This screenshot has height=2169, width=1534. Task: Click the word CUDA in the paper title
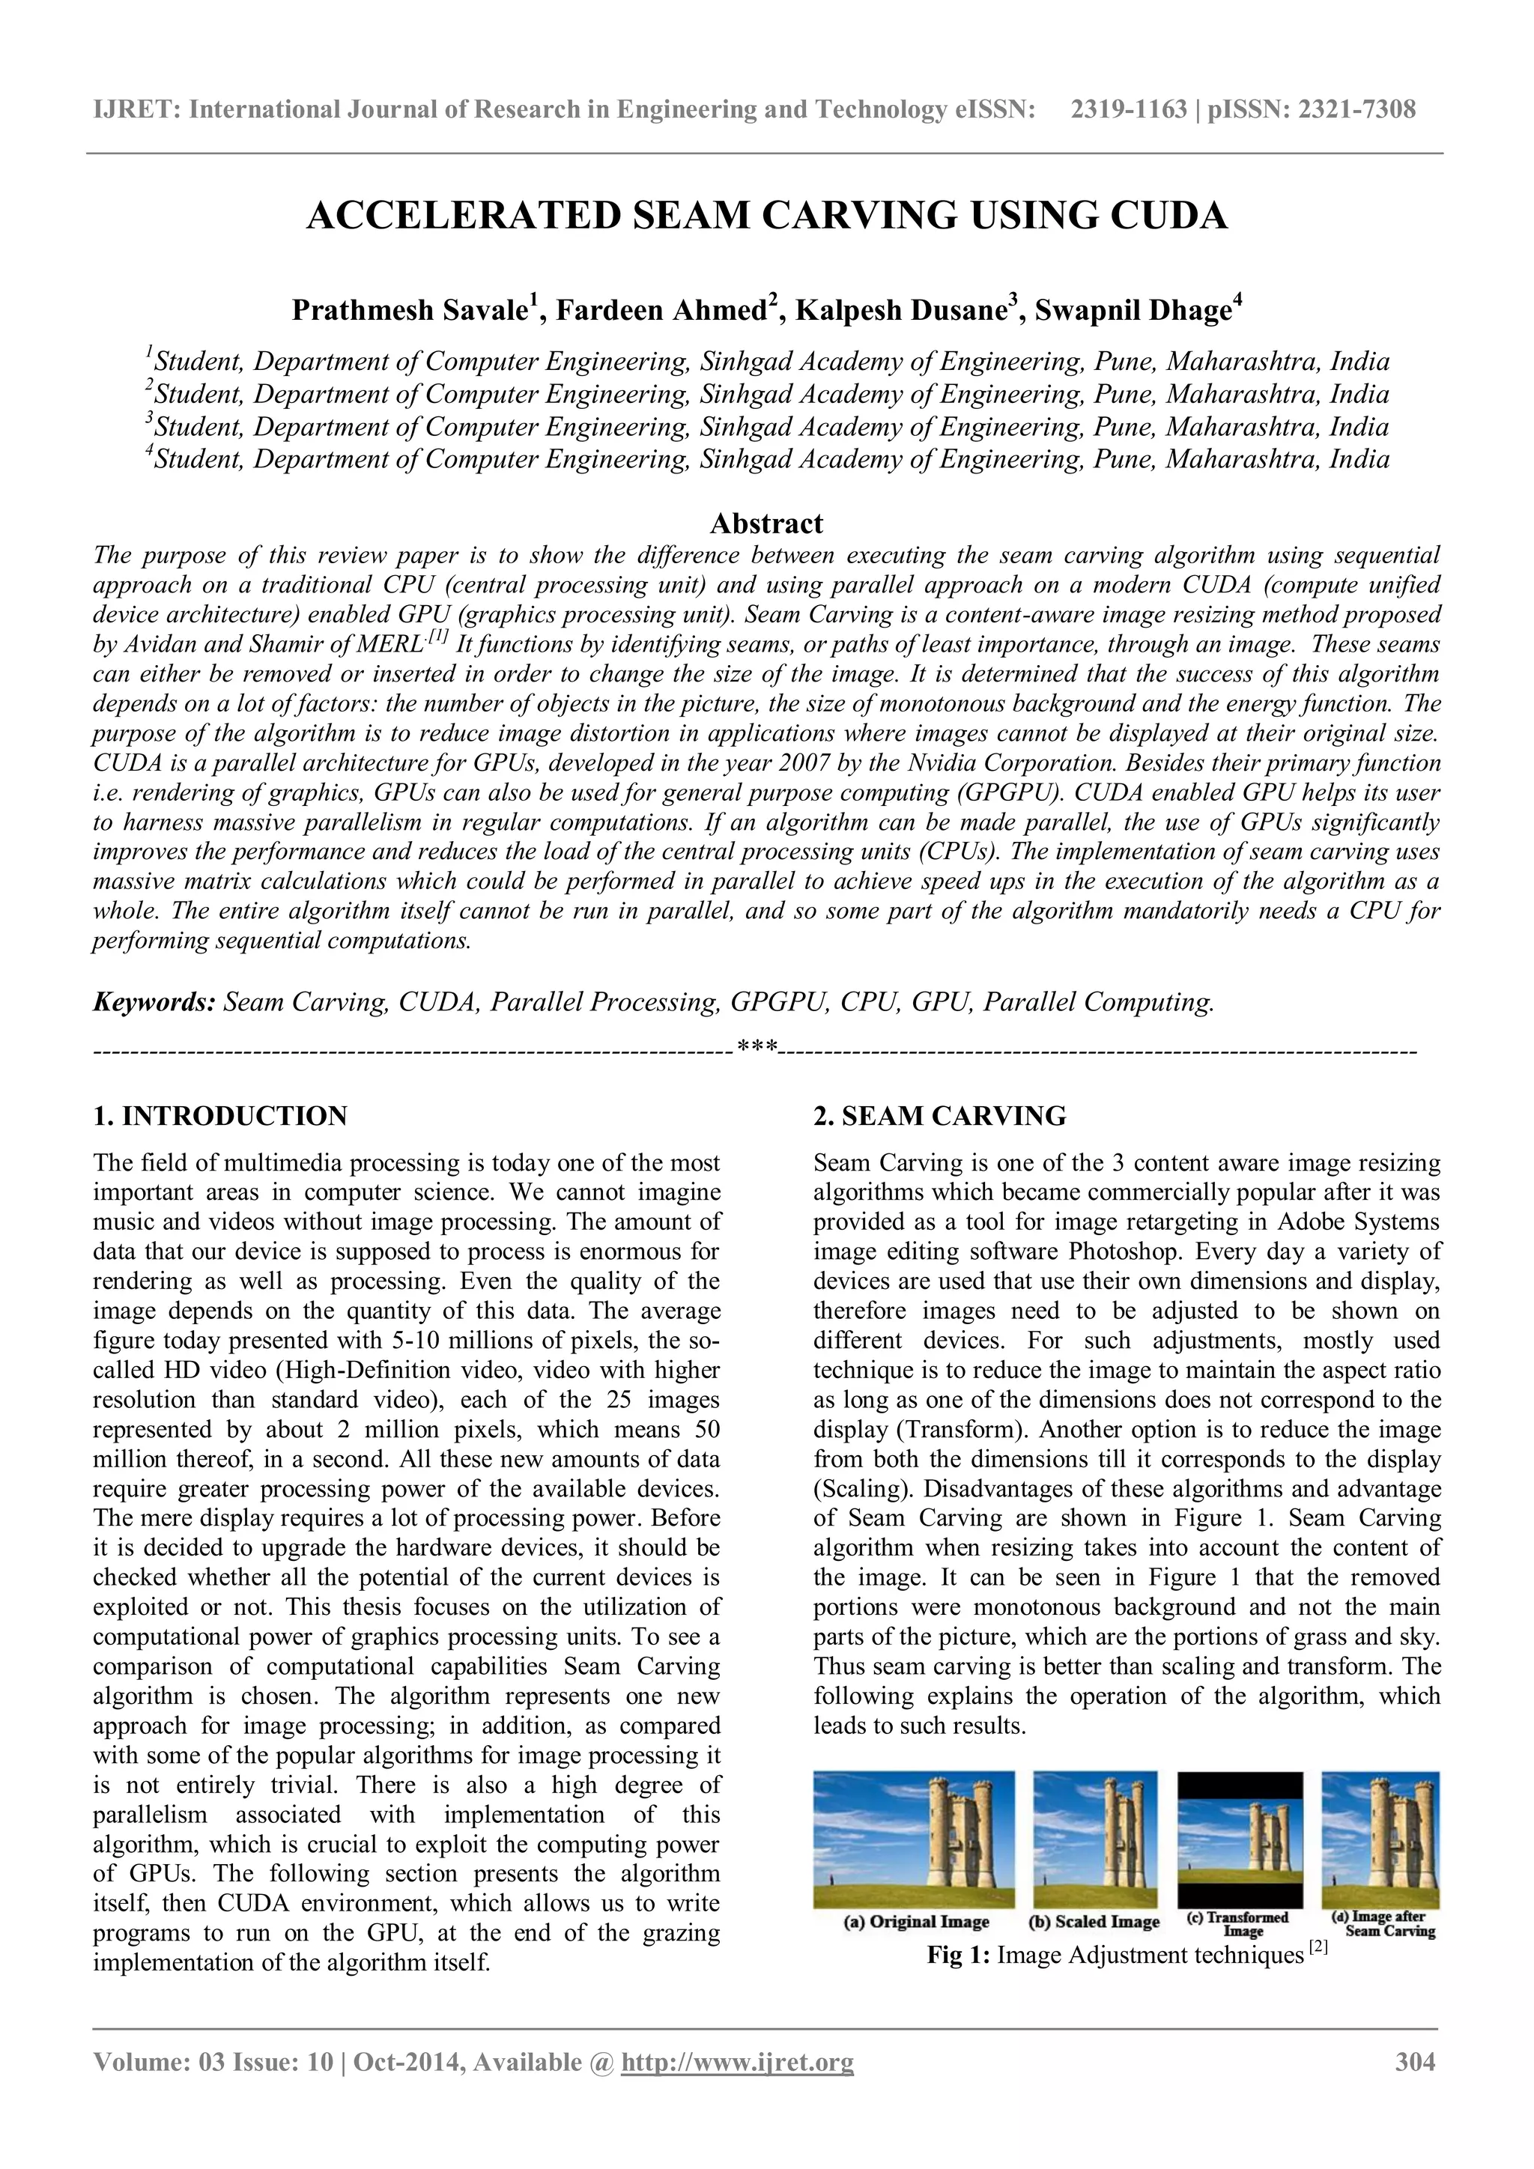1168,216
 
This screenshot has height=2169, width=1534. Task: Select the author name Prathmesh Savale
409,311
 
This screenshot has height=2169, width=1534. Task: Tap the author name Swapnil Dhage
1133,311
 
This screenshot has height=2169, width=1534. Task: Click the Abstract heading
766,524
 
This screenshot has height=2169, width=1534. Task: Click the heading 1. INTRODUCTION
220,1116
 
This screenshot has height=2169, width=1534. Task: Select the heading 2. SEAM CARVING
940,1116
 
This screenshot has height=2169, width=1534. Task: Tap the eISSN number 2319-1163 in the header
1129,109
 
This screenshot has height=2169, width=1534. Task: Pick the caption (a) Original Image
915,1922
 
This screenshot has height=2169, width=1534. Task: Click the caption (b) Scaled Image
1094,1922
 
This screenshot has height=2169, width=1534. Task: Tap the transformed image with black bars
1240,1839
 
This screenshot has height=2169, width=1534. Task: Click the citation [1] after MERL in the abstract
437,640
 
